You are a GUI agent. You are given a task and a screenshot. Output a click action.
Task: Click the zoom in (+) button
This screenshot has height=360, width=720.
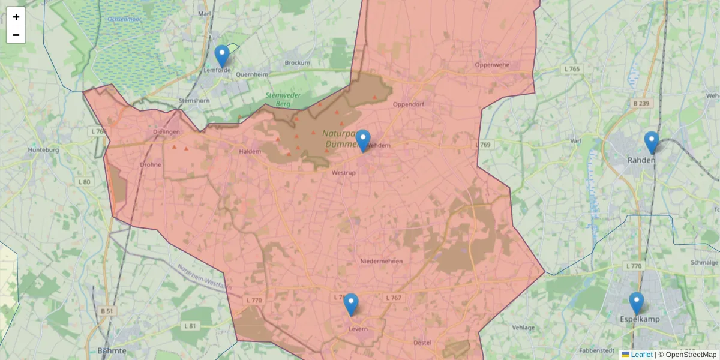point(16,17)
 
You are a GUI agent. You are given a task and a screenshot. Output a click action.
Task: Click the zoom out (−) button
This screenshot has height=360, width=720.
point(16,35)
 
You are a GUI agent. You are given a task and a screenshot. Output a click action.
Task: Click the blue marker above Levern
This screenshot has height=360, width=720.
point(351,304)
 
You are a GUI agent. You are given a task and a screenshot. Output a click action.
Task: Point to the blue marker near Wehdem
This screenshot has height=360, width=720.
point(363,140)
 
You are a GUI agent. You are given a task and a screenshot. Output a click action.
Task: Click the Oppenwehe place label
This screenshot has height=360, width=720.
point(491,65)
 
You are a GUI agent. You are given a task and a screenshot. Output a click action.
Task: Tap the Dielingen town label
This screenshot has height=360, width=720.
point(166,132)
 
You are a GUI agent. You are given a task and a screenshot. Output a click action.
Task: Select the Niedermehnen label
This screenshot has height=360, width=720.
point(381,261)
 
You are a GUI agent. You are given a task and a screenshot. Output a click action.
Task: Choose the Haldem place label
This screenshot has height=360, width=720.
point(250,152)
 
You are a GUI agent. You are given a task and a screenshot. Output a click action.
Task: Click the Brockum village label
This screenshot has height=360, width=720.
point(298,63)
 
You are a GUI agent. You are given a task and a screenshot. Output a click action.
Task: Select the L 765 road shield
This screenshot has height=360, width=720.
point(572,70)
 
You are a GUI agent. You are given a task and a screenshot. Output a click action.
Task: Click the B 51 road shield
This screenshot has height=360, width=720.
point(107,311)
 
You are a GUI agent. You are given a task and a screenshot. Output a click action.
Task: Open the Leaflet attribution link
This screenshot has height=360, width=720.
point(641,355)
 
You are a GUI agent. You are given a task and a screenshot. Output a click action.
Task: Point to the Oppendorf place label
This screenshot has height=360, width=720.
point(408,104)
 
